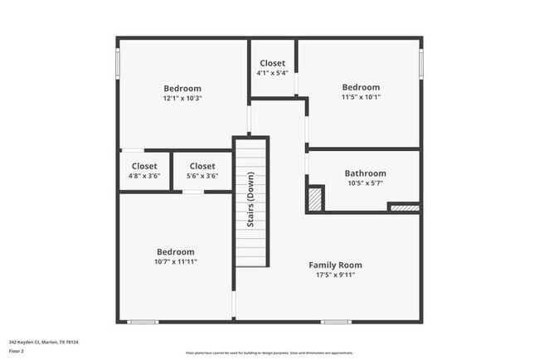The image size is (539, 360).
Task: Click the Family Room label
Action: [x=335, y=265]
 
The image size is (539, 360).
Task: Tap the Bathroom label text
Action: [x=365, y=173]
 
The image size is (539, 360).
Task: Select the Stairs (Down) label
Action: [x=250, y=200]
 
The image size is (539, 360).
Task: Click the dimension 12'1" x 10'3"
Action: [x=182, y=98]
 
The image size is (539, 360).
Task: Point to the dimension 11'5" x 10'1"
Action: [x=361, y=96]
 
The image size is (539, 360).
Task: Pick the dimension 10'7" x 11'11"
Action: [x=176, y=261]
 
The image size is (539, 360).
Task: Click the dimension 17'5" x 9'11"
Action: [x=335, y=275]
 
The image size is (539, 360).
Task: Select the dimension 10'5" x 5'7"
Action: [x=365, y=182]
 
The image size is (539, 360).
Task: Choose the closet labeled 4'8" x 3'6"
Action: [x=143, y=171]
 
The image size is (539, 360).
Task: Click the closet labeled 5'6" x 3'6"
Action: [x=202, y=171]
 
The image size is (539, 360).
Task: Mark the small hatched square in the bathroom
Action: [x=315, y=199]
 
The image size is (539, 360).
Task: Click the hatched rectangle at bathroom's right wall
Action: [x=404, y=207]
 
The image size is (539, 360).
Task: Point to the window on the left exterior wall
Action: [x=118, y=63]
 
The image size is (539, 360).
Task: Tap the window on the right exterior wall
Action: [x=421, y=62]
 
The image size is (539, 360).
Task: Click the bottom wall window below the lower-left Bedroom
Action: [x=143, y=322]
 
